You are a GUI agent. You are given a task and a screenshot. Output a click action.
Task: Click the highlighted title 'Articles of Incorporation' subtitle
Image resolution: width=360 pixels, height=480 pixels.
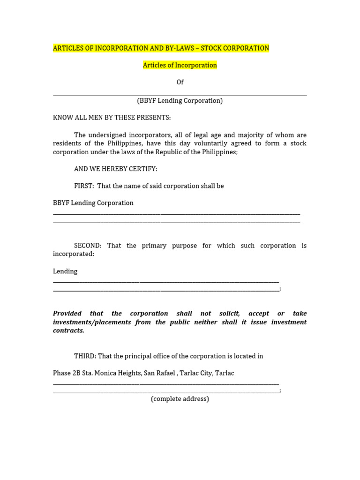coord(180,65)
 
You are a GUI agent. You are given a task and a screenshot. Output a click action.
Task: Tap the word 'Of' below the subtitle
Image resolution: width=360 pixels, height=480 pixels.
coord(180,82)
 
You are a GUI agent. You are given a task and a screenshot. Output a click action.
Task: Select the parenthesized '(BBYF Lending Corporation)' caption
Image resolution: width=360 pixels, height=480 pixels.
coord(180,101)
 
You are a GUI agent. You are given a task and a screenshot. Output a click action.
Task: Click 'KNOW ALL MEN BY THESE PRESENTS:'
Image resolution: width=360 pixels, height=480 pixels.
coord(112,117)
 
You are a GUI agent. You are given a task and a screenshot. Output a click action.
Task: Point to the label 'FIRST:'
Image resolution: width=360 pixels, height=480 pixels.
coord(84,186)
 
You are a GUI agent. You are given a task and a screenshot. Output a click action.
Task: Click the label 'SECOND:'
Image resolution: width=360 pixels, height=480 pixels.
coord(88,246)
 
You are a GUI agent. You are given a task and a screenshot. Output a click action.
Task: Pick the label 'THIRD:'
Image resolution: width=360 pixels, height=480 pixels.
coord(85,356)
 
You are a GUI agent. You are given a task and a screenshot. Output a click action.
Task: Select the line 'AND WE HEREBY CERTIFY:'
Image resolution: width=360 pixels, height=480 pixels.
coord(116,169)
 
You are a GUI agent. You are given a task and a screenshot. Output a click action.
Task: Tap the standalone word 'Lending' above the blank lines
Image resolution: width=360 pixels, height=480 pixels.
coord(65,271)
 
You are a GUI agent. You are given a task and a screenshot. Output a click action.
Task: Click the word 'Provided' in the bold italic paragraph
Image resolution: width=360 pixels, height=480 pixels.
coord(67,314)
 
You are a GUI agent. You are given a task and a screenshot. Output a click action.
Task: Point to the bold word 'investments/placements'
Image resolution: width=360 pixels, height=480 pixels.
coord(92,322)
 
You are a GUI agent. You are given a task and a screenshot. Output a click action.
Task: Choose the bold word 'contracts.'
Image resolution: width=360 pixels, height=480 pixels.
coord(68,330)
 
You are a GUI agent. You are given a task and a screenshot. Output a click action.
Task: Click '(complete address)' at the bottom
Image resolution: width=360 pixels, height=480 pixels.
coord(180,399)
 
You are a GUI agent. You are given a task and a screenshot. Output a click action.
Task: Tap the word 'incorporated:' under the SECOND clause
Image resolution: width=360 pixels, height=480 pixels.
coord(74,254)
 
